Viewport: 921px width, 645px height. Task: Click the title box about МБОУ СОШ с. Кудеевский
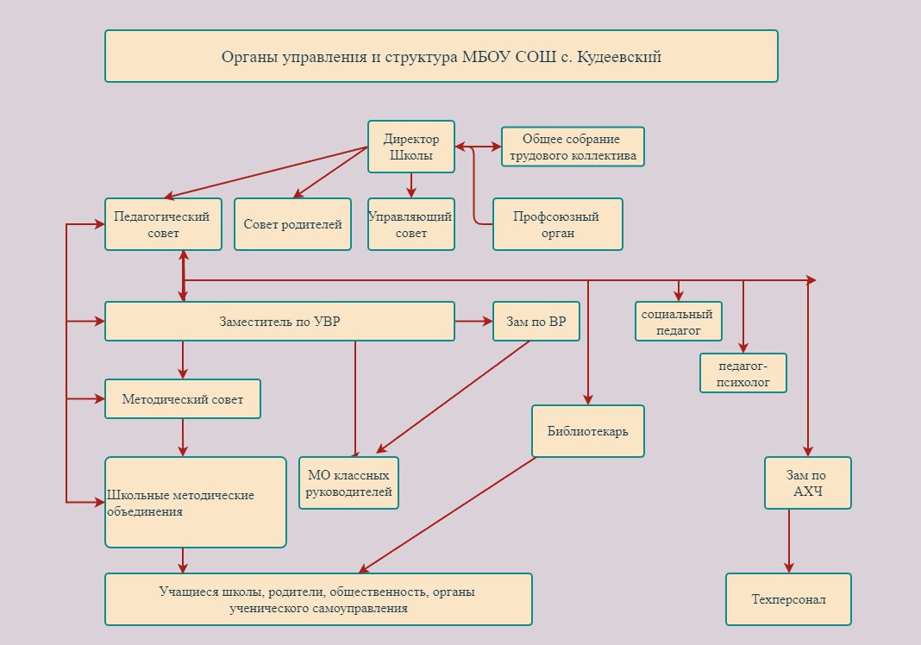click(442, 56)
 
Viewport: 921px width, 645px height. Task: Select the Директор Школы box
click(411, 147)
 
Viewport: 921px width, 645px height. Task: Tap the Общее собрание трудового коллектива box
click(573, 147)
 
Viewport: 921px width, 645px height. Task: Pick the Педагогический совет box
click(163, 224)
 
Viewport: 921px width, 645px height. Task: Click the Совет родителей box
click(292, 224)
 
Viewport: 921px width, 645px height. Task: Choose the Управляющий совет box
click(411, 224)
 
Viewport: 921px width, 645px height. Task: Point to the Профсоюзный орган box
click(557, 224)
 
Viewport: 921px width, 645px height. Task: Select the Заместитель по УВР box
click(279, 322)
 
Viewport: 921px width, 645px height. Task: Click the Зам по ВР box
click(536, 322)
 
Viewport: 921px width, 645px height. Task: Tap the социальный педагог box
click(679, 322)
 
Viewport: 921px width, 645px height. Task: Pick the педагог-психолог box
click(743, 373)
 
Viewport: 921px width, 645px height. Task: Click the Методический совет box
click(183, 399)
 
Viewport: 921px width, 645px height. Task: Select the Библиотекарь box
click(588, 431)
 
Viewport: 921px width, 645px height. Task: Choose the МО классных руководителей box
click(349, 483)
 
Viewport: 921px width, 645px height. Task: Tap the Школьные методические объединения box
click(196, 502)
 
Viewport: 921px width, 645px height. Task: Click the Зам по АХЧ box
click(808, 483)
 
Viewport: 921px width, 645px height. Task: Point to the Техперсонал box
click(788, 599)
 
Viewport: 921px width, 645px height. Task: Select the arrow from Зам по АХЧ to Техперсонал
click(789, 541)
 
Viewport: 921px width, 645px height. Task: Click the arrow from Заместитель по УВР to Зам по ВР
click(474, 322)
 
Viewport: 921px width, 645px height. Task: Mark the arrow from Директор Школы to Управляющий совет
click(411, 185)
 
